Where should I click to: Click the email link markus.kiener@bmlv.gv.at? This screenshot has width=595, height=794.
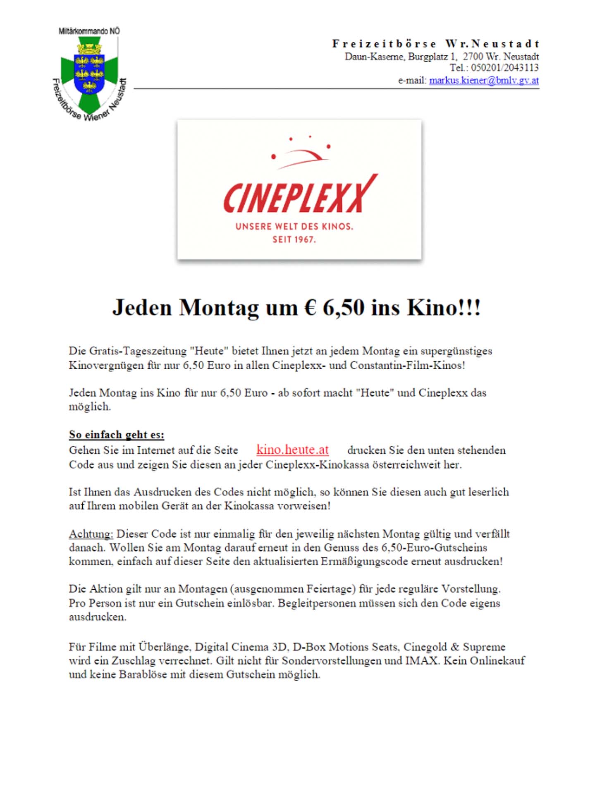(x=484, y=80)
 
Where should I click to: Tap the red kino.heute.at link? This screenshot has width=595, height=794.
(x=292, y=450)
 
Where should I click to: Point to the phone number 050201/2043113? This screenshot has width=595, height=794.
(x=504, y=68)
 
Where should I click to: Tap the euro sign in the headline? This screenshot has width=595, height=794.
(x=310, y=308)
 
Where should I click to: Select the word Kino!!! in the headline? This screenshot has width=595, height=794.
(x=444, y=308)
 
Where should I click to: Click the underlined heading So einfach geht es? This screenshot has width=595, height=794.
(x=116, y=435)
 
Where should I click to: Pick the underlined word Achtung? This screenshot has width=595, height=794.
(x=91, y=533)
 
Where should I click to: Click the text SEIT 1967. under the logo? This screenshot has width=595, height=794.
(x=294, y=239)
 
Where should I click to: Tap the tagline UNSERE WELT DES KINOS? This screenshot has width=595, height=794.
(x=294, y=227)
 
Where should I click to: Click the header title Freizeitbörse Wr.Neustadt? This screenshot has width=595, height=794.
(x=436, y=44)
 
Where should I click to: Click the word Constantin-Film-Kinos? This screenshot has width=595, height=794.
(x=407, y=366)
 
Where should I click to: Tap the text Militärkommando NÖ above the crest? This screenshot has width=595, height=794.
(x=89, y=31)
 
